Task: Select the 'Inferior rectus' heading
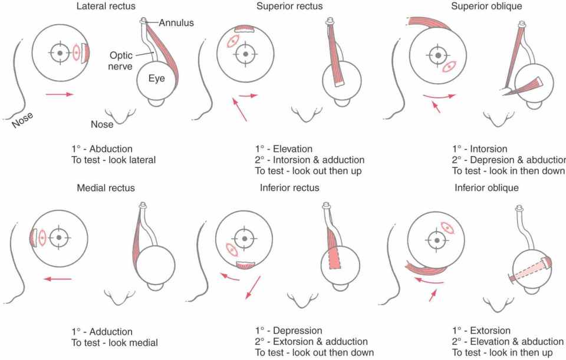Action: [289, 188]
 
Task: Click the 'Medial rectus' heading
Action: [106, 188]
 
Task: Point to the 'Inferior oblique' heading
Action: [486, 188]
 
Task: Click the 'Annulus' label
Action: [176, 22]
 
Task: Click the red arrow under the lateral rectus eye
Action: [60, 93]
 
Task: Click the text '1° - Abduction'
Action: [101, 149]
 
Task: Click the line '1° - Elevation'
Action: [284, 149]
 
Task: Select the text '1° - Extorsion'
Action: [481, 331]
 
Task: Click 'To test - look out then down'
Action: [314, 352]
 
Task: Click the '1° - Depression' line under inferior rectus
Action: [288, 331]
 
